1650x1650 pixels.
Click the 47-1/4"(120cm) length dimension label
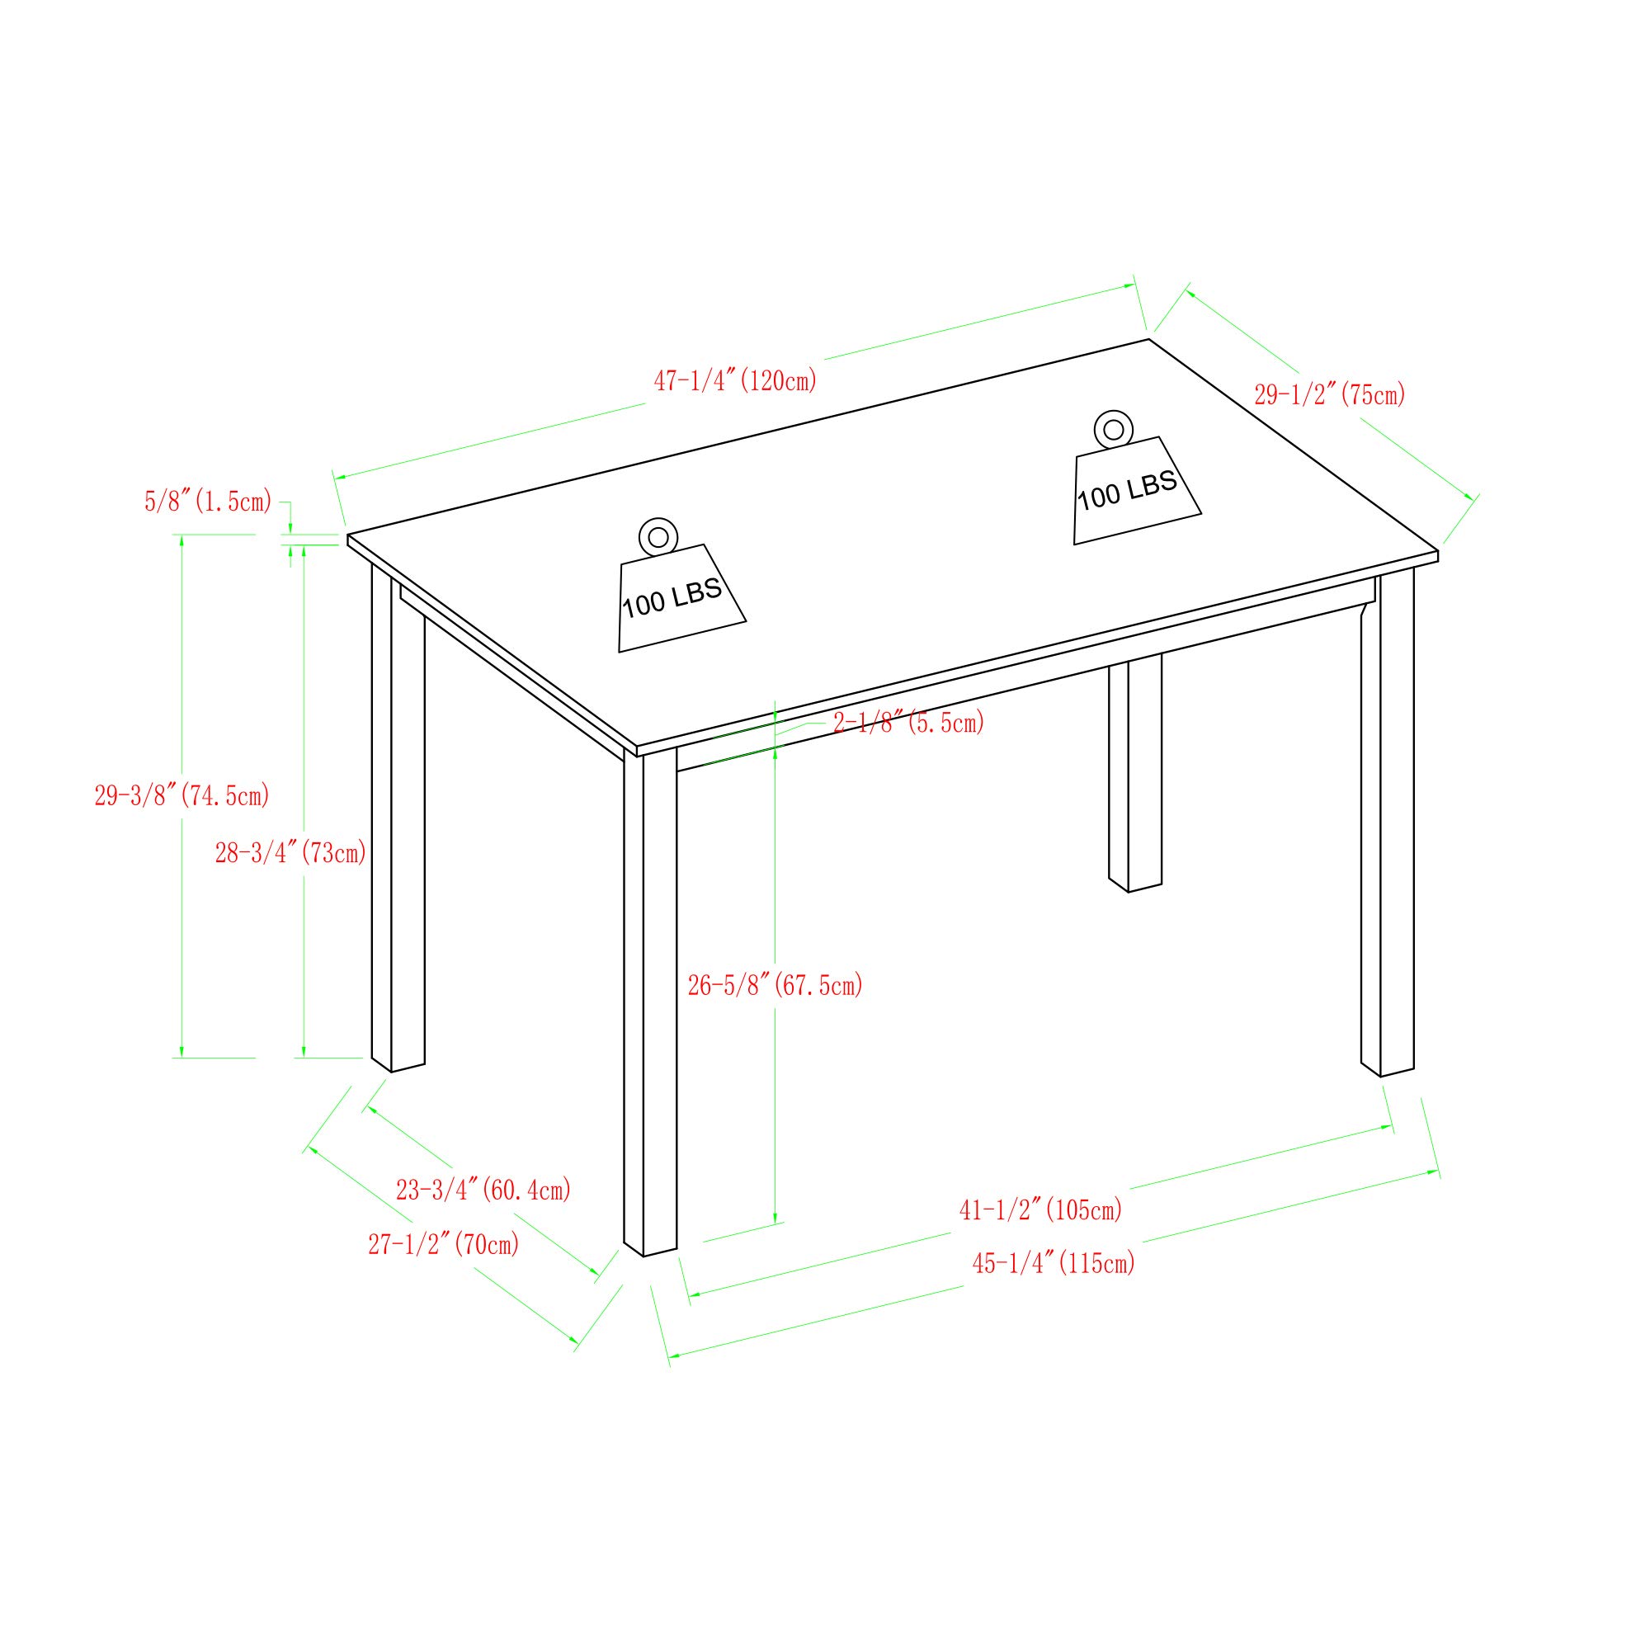[x=735, y=381]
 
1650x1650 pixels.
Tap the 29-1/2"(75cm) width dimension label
[x=1329, y=394]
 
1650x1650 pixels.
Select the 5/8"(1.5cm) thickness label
[x=208, y=502]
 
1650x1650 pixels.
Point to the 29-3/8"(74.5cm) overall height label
[x=181, y=795]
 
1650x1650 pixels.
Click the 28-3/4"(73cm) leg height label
[x=290, y=851]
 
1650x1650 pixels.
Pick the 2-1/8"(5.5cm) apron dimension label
[x=908, y=723]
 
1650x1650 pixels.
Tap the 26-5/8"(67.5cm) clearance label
[x=775, y=985]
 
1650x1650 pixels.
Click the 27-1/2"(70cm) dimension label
[x=443, y=1244]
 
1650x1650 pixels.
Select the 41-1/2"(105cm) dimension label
[x=1040, y=1209]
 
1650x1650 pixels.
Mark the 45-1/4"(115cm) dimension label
[x=1054, y=1262]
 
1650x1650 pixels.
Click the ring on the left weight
[x=658, y=537]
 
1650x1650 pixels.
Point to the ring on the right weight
[x=1113, y=430]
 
